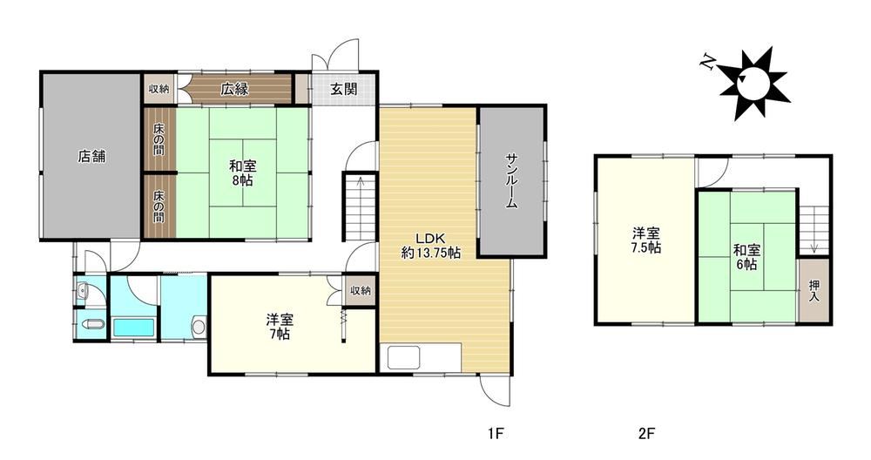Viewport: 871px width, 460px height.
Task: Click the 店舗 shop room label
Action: (x=91, y=157)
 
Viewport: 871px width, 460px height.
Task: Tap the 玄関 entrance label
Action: (x=344, y=89)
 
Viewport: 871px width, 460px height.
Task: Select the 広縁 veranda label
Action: (x=234, y=89)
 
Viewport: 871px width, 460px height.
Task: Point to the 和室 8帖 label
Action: (x=243, y=172)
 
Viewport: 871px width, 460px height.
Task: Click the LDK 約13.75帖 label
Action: (x=431, y=246)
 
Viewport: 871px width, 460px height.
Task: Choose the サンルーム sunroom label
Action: (x=511, y=180)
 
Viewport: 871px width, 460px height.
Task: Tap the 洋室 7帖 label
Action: (x=280, y=327)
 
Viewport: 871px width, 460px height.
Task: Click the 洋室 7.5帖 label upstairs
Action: (x=646, y=240)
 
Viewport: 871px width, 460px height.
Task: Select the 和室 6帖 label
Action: (x=747, y=257)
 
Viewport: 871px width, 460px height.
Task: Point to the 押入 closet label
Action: (x=814, y=291)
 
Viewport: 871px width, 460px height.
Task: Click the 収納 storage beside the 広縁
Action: (x=159, y=89)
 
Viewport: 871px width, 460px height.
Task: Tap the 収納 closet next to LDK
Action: (x=361, y=291)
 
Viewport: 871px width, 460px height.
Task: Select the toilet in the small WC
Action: (x=91, y=326)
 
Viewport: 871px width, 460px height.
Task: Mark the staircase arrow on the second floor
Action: (x=814, y=230)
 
